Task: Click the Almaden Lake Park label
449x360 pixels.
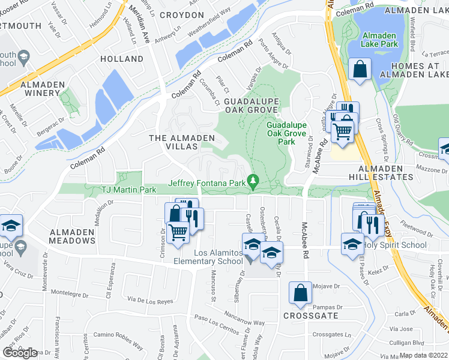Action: [381, 40]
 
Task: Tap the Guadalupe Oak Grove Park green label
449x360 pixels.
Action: [286, 133]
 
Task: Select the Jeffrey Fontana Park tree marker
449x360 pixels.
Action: [253, 181]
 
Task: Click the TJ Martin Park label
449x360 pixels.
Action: [128, 190]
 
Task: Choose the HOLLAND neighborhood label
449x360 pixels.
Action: [122, 59]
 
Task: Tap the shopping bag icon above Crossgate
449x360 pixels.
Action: [301, 293]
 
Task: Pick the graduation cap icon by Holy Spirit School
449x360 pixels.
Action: [352, 243]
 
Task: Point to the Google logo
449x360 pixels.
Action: [20, 352]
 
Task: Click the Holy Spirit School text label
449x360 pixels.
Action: [391, 244]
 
